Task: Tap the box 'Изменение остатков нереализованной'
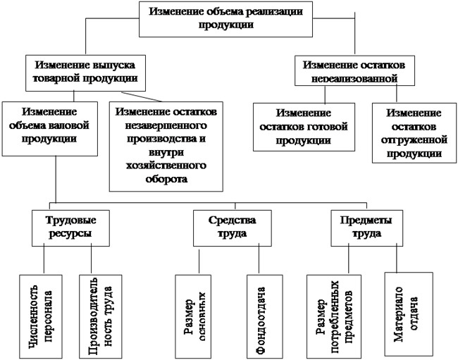tap(350, 71)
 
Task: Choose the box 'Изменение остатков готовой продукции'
tap(302, 126)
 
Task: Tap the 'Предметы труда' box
tap(361, 226)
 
